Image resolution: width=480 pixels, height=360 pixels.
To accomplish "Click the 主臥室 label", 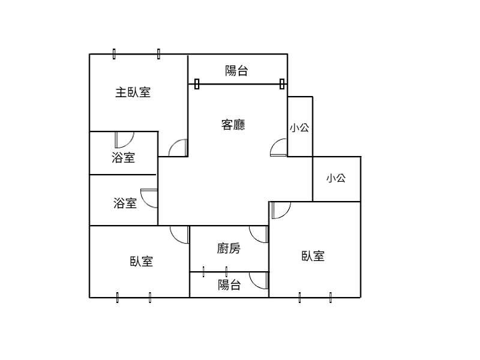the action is pos(133,92).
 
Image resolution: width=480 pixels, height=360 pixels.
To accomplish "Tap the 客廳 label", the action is pos(233,125).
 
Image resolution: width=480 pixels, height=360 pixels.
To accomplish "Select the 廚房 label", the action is pos(229,248).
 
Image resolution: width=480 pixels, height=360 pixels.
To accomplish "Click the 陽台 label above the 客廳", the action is pos(236,71).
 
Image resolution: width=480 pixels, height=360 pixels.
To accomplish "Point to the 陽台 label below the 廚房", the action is pos(229,284).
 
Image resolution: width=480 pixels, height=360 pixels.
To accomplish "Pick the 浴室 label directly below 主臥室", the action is pos(123,157).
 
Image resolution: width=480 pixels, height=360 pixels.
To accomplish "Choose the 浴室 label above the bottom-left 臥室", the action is pos(125,203).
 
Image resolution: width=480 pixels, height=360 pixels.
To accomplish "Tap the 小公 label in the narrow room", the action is pos(299,127).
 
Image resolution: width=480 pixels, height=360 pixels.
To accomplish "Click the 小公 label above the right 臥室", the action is pos(336,178).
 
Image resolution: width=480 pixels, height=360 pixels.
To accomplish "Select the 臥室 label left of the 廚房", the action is pos(142,262).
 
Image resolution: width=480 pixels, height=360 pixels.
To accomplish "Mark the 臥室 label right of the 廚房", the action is pos(313,256).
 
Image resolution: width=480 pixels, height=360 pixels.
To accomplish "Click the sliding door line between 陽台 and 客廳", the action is pos(239,84).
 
